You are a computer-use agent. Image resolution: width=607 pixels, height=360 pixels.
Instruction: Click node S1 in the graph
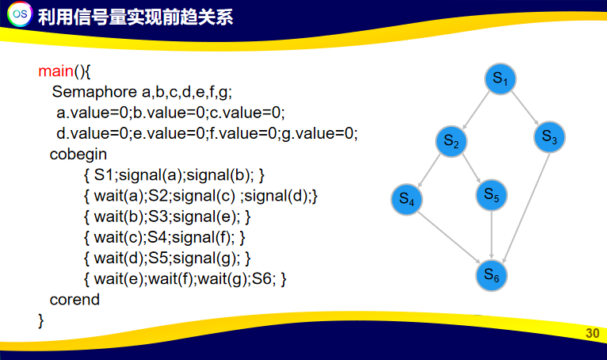(500, 79)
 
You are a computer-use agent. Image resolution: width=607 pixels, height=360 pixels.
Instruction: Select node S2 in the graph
(452, 142)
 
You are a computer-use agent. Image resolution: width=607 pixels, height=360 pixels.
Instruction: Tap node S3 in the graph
(549, 137)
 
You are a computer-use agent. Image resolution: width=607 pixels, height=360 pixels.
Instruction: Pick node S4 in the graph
(407, 200)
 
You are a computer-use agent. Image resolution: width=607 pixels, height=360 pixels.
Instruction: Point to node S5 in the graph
(491, 194)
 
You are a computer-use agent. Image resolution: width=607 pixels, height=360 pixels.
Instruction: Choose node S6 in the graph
(492, 275)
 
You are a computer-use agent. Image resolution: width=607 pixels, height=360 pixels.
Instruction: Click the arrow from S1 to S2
(475, 110)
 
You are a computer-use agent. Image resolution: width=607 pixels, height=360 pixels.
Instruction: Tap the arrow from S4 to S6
(450, 238)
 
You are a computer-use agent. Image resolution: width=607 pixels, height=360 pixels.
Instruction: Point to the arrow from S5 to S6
(492, 235)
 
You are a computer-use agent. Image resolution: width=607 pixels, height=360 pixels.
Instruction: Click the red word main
(55, 71)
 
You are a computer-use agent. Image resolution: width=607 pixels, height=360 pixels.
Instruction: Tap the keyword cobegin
(78, 154)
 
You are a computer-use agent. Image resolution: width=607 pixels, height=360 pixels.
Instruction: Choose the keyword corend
(74, 300)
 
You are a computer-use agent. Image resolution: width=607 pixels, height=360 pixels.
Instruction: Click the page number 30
(592, 333)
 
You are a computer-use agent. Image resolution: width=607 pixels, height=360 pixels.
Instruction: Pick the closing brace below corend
(41, 320)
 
